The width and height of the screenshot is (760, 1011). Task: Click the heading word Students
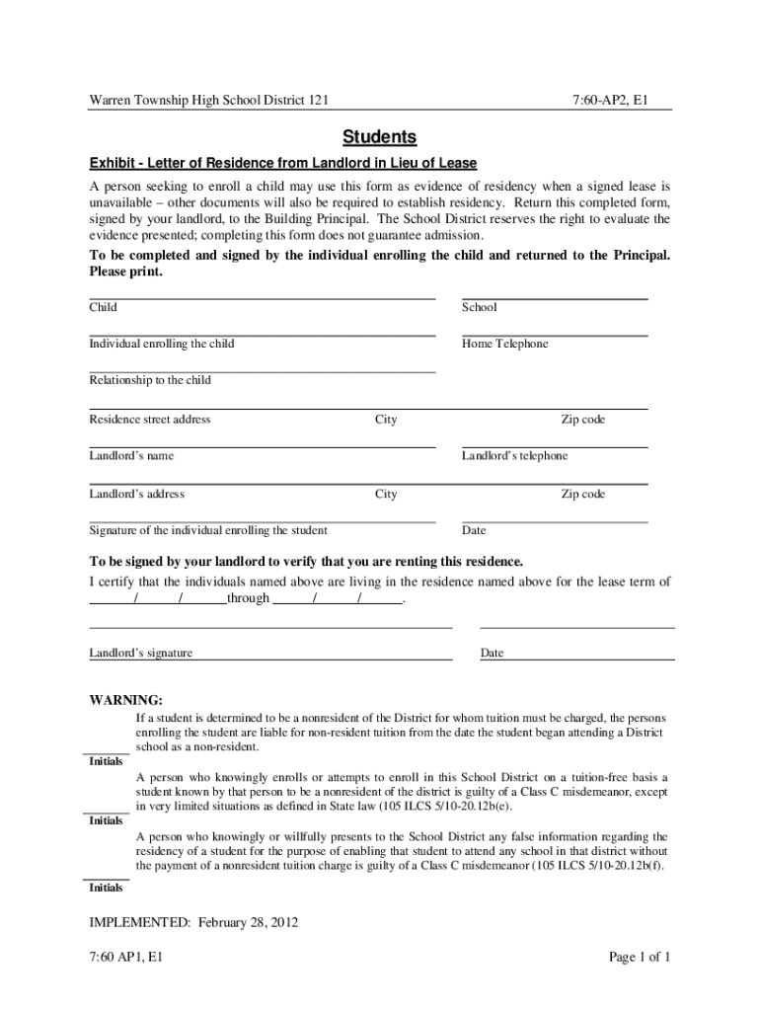click(x=380, y=136)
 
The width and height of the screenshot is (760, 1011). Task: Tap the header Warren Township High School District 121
click(x=209, y=100)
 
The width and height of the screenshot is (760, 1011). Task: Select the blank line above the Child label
click(x=262, y=297)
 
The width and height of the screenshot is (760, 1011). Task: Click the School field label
click(x=480, y=307)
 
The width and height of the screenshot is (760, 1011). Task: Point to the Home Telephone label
click(x=504, y=344)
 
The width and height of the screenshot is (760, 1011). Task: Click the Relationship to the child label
click(x=150, y=380)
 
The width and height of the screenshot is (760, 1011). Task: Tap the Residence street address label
click(x=150, y=420)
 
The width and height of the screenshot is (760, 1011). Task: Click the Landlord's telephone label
click(x=514, y=456)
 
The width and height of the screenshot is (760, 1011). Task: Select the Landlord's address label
click(x=136, y=494)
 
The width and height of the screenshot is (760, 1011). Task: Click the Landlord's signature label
click(x=141, y=654)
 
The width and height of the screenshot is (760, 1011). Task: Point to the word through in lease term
click(x=249, y=598)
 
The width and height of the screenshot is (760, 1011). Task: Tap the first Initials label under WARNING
click(x=106, y=762)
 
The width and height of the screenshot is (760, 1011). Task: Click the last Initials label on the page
click(x=106, y=889)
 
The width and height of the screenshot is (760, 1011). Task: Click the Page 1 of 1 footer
click(x=640, y=957)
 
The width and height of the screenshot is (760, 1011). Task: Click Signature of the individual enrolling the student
click(x=208, y=530)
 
